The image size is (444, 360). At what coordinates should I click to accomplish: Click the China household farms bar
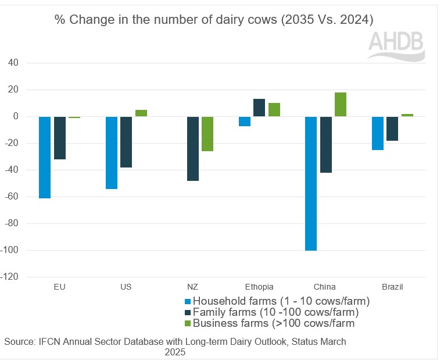[311, 183]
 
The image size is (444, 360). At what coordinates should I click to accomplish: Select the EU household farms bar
[45, 157]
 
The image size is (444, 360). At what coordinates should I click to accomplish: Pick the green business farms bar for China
[341, 104]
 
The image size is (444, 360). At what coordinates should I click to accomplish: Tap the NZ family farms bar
[193, 148]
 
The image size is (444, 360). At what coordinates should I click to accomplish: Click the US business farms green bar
[141, 113]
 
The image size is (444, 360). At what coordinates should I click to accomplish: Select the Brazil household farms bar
[378, 133]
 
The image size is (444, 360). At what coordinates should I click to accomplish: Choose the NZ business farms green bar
[207, 134]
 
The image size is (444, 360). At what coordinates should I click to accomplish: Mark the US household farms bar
[112, 152]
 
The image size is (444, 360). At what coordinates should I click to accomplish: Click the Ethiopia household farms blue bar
[245, 121]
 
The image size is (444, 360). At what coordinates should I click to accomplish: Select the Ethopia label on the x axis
[259, 287]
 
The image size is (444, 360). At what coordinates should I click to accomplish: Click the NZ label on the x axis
[193, 287]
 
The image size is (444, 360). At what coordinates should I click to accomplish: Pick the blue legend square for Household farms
[187, 301]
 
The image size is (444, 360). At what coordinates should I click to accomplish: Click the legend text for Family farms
[278, 312]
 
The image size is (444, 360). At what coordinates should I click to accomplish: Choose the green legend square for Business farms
[187, 323]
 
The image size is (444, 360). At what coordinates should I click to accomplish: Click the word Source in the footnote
[19, 341]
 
